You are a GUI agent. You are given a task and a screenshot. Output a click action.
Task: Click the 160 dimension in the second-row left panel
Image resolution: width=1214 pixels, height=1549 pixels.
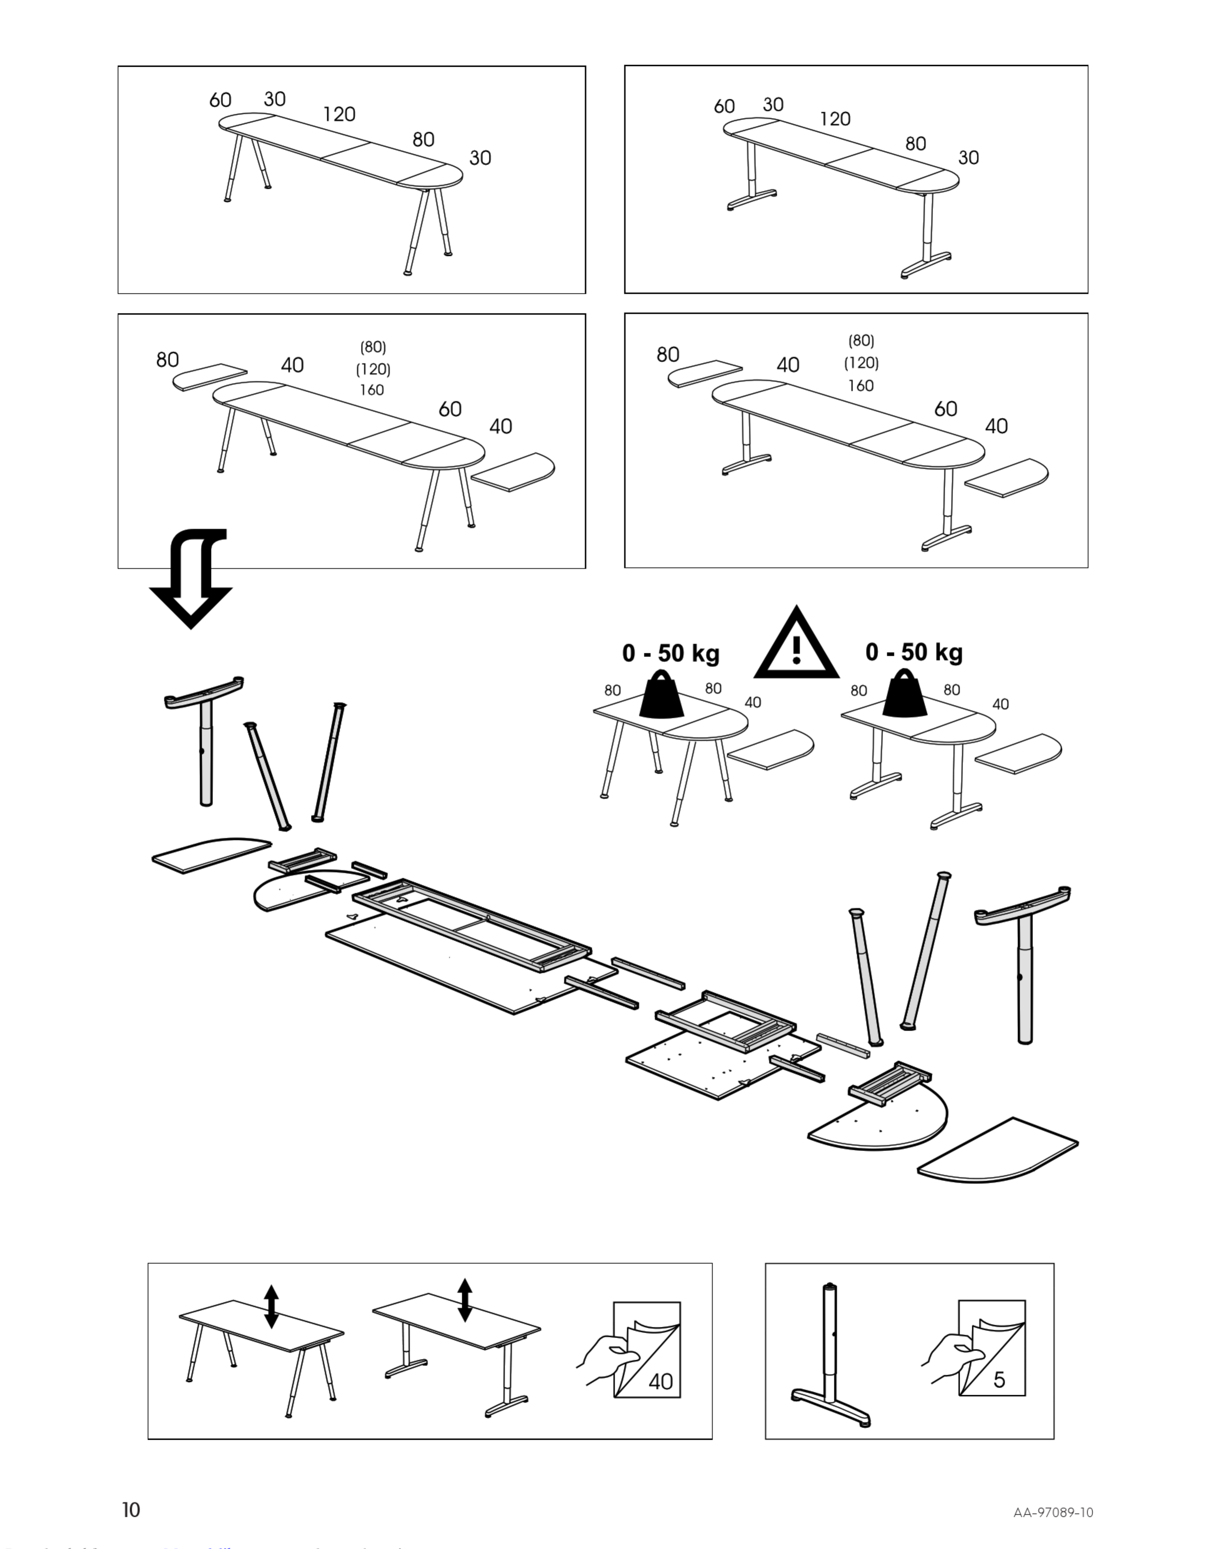(x=372, y=390)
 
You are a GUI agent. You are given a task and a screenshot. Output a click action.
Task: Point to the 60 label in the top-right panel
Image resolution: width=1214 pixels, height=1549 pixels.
(x=724, y=107)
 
